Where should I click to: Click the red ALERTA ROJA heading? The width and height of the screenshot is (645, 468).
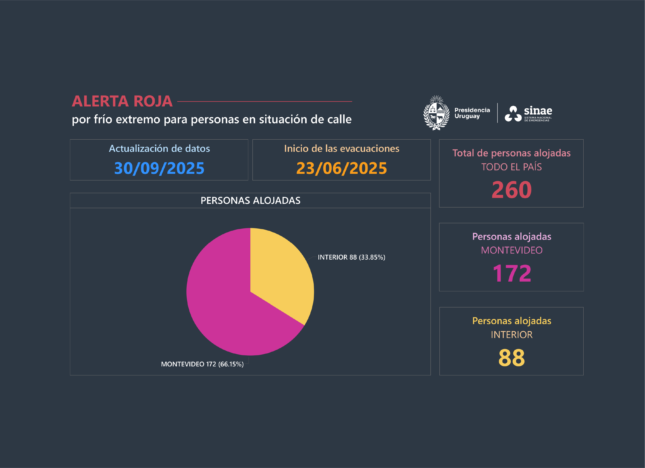[122, 101]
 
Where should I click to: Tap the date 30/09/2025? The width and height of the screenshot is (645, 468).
[159, 168]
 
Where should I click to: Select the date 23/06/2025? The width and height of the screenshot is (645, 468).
[342, 168]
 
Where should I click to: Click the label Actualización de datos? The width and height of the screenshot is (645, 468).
[159, 149]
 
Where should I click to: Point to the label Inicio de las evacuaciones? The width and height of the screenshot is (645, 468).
[342, 149]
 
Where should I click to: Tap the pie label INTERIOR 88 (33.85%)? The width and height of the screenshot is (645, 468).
[351, 257]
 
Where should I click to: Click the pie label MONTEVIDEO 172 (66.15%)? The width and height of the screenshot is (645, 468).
[202, 364]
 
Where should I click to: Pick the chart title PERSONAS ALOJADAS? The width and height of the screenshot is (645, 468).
[250, 201]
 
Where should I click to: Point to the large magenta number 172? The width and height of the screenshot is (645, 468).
[511, 273]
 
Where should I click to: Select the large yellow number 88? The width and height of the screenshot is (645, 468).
[511, 357]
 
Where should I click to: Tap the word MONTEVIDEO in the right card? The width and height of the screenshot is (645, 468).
[511, 250]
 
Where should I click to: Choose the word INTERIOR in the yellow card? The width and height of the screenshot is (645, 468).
[511, 335]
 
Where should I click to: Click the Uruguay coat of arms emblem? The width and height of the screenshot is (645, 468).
[436, 113]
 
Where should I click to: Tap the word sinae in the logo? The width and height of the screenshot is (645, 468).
[538, 111]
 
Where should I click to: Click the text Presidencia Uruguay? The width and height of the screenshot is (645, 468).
[472, 113]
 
